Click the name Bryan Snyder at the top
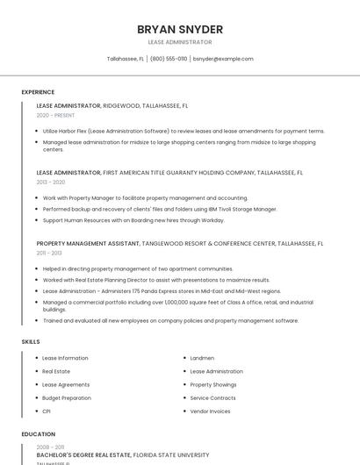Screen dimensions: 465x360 tap(180, 29)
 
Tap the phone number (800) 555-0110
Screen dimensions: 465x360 tap(169, 59)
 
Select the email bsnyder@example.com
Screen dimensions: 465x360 tap(223, 59)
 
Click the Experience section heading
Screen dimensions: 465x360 tap(38, 92)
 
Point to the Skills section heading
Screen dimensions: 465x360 tap(31, 341)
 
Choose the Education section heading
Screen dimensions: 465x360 tap(38, 433)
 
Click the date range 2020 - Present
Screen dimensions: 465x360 tap(56, 115)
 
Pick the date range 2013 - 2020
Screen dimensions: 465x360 tap(51, 182)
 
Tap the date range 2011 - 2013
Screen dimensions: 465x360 tap(49, 252)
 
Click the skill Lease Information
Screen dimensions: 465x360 tap(65, 358)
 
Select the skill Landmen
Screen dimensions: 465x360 tap(202, 358)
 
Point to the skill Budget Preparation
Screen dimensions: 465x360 tap(67, 397)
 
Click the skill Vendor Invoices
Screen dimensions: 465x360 tap(210, 411)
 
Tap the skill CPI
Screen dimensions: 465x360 tap(47, 411)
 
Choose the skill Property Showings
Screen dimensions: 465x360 tap(213, 384)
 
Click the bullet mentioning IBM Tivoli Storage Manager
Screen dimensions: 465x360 tap(160, 209)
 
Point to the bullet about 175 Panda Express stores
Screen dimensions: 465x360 tap(162, 290)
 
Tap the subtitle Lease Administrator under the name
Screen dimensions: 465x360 tap(180, 42)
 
